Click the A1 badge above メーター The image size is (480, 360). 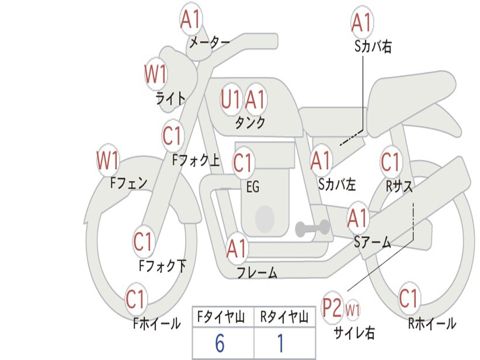(190, 20)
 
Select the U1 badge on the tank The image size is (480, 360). (231, 99)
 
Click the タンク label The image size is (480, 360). (250, 123)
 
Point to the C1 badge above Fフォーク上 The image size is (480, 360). (172, 136)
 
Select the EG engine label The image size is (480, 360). (253, 187)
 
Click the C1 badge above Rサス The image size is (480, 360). (390, 162)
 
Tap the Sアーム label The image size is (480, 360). (372, 242)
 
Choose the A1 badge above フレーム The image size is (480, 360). (237, 248)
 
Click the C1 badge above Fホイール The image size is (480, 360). (135, 299)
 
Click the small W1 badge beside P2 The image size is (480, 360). (352, 310)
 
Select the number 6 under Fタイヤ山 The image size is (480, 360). (219, 344)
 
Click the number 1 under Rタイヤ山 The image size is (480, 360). (280, 344)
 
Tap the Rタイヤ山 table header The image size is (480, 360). (284, 318)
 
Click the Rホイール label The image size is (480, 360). (432, 324)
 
